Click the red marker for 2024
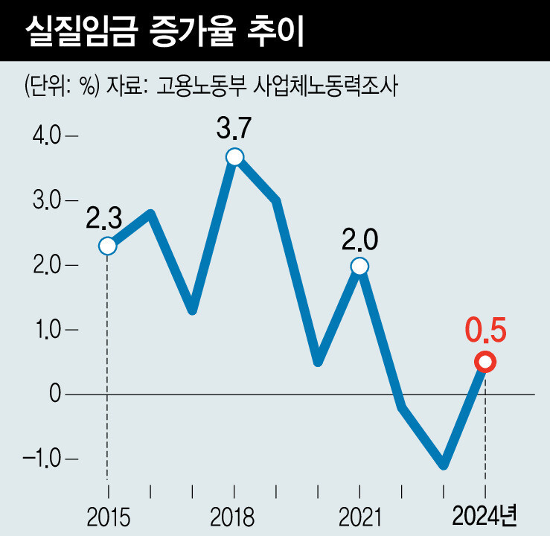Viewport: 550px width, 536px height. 485,362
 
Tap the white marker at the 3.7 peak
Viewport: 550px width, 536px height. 234,156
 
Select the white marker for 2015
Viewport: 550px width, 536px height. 108,246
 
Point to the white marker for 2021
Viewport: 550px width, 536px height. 359,266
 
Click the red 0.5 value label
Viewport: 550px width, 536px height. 485,329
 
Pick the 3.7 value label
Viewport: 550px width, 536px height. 234,129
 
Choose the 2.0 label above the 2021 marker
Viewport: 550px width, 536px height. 359,240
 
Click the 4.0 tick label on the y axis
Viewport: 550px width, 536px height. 45,137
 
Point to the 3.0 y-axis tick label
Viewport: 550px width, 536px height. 45,201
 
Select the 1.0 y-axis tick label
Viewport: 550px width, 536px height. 45,330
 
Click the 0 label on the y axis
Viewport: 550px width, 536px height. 54,394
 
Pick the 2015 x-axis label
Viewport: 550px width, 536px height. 108,516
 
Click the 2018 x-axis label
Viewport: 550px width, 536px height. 234,516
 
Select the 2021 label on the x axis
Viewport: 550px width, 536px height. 359,516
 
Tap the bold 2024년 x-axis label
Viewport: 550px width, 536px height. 485,515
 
